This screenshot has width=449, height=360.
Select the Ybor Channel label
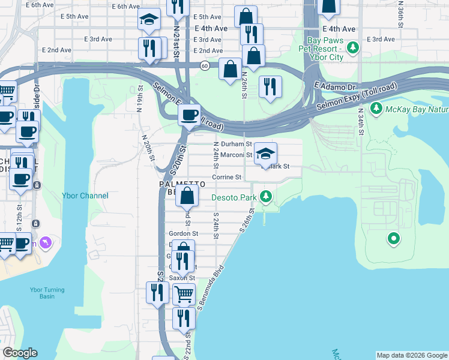click(x=85, y=196)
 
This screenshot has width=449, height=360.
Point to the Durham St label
click(x=233, y=145)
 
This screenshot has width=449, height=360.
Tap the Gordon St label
click(x=183, y=233)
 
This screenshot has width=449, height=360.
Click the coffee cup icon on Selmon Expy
click(x=190, y=114)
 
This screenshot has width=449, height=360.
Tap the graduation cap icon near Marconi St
click(x=265, y=154)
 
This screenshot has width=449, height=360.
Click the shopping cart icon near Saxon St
click(x=184, y=294)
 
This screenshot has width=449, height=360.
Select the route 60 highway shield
click(x=205, y=66)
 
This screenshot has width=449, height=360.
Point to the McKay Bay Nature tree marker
click(x=376, y=109)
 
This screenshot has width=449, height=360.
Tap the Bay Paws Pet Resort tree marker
click(x=354, y=46)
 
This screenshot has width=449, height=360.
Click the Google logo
click(x=20, y=353)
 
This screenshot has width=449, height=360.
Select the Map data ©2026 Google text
click(x=411, y=355)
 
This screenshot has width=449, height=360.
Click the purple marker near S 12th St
click(x=46, y=243)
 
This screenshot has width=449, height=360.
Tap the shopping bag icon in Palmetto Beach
click(x=187, y=195)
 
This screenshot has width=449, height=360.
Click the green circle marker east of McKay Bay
click(x=394, y=239)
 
